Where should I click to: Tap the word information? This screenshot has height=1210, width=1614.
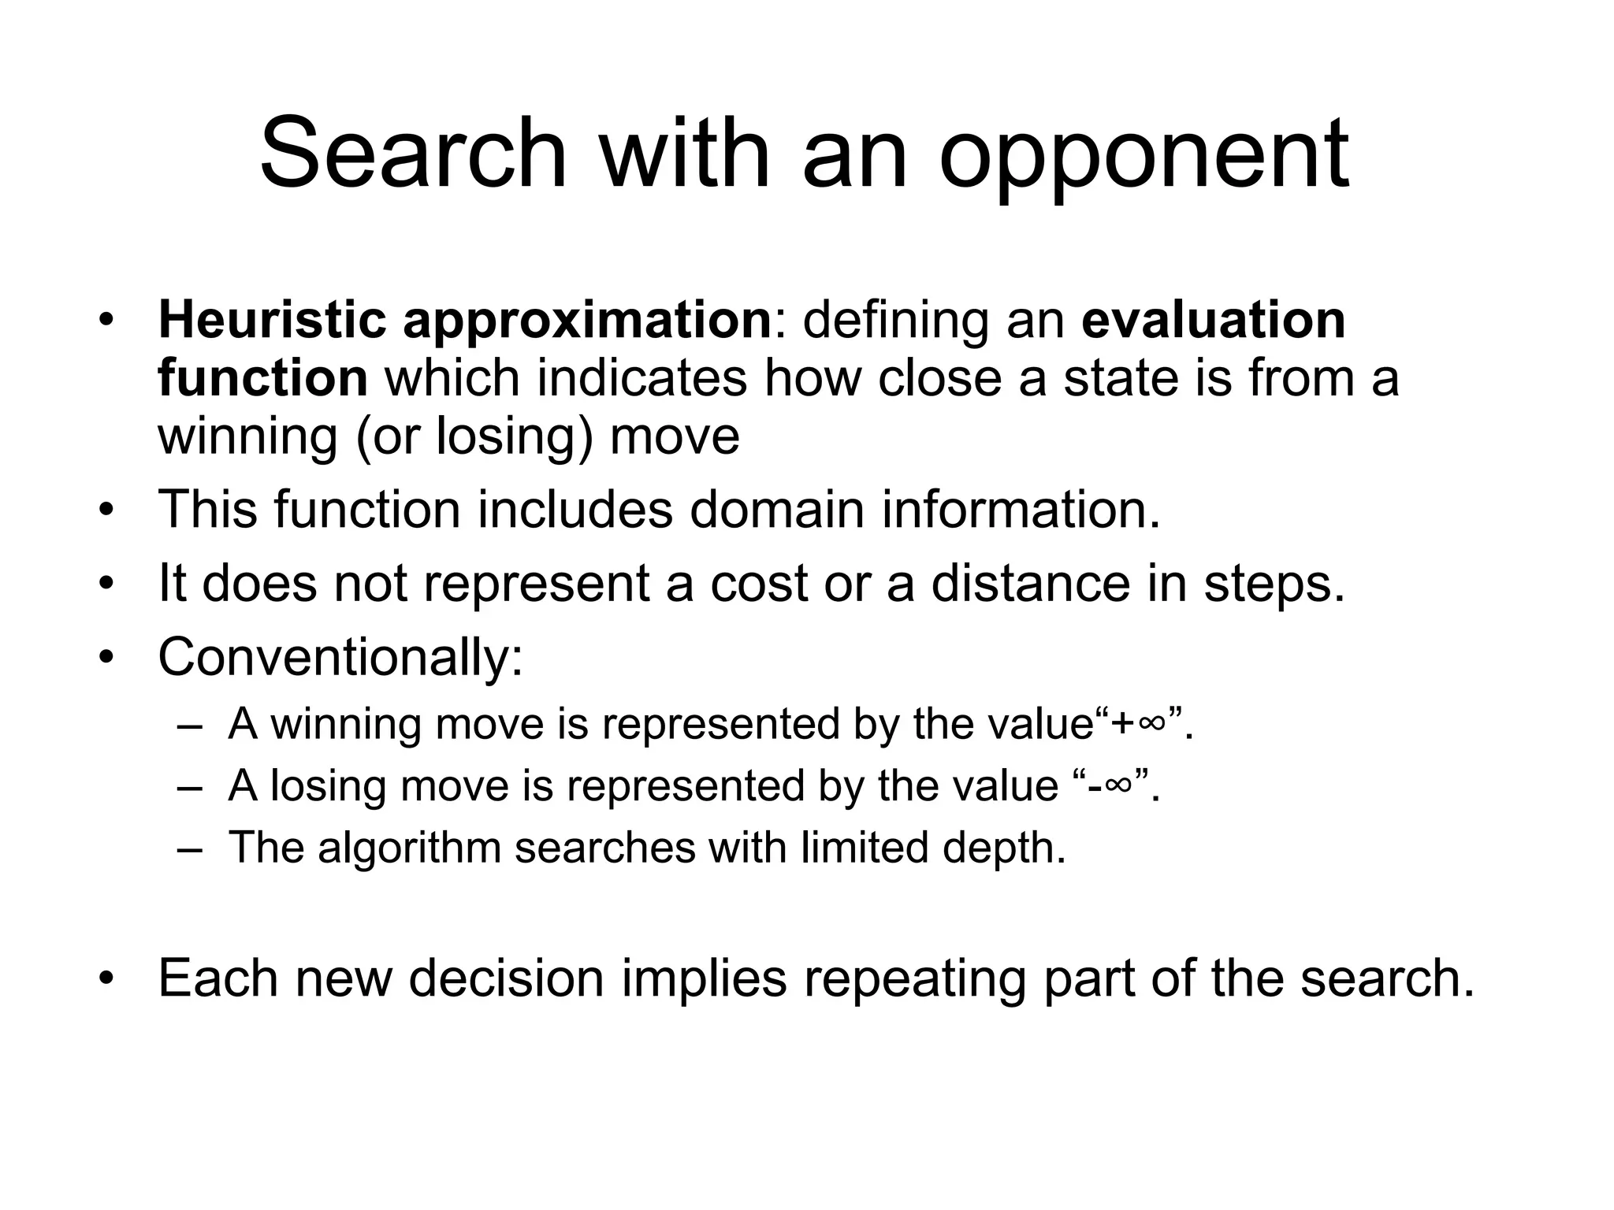click(x=1021, y=510)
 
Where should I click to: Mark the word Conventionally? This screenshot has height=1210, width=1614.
click(x=340, y=659)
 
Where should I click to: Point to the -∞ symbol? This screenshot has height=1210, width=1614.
click(x=1109, y=785)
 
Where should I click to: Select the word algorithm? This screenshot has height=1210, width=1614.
click(x=409, y=849)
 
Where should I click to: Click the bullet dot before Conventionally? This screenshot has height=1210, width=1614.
click(x=107, y=658)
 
